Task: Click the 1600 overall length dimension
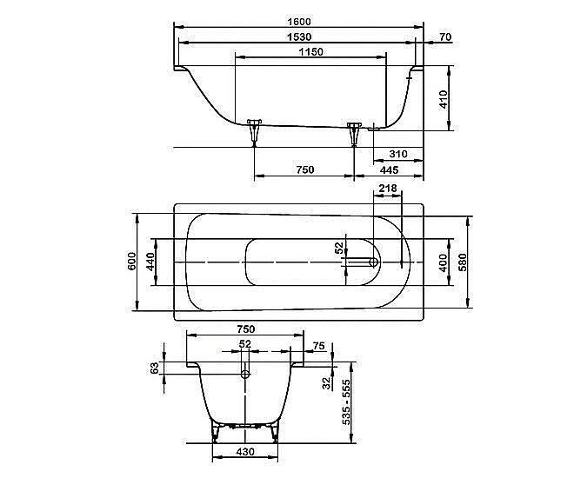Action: coord(298,21)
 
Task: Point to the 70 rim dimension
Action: coord(445,37)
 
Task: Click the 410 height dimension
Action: coord(442,97)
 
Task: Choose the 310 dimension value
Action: coord(398,154)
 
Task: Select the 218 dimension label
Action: coord(388,189)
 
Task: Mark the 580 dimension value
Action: coord(464,261)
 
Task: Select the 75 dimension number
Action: coord(318,346)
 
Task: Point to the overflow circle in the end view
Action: coord(245,375)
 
